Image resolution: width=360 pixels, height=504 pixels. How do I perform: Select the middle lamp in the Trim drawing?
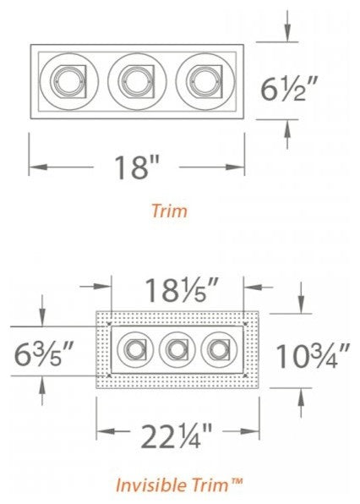pyautogui.click(x=132, y=81)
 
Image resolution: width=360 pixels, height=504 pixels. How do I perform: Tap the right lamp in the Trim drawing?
pyautogui.click(x=200, y=81)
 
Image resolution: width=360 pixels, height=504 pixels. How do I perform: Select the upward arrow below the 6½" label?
pyautogui.click(x=289, y=129)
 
